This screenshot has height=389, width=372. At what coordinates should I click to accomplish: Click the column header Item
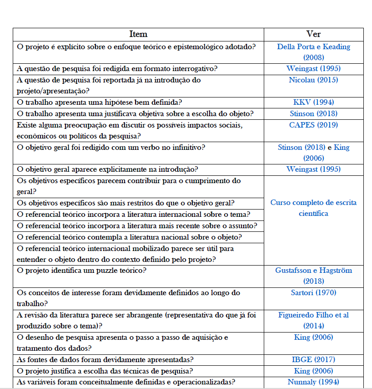pos(138,34)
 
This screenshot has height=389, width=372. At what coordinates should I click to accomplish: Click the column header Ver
pos(313,34)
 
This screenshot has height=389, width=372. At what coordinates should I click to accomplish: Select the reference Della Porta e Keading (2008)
pos(313,51)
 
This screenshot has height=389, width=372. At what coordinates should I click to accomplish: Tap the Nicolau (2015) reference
pos(313,80)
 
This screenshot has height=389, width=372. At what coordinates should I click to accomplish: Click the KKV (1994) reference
pos(313,102)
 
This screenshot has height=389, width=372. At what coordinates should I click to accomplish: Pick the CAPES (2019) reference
pos(313,125)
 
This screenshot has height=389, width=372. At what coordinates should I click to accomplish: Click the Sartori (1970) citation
pos(313,293)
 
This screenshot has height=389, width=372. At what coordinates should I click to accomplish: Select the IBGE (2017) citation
pos(313,360)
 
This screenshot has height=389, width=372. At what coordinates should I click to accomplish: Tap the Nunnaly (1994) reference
pos(313,382)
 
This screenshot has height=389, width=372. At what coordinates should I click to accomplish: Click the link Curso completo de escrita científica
pos(313,208)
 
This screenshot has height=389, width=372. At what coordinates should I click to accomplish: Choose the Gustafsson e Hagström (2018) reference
pos(313,275)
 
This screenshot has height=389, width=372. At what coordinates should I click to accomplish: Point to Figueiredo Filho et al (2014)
pos(313,320)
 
